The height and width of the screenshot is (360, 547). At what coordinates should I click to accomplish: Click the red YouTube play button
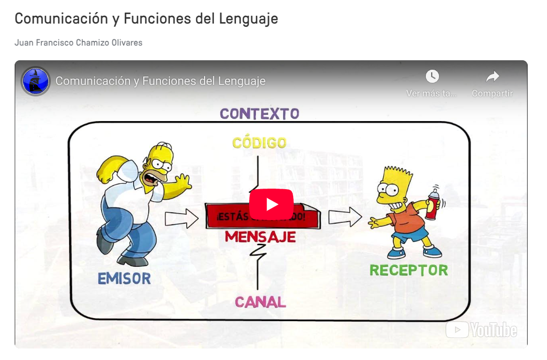coord(271,204)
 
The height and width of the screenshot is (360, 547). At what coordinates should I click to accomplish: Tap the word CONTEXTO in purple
coord(260,114)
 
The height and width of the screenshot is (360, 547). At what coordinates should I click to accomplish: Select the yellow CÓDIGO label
coord(260,143)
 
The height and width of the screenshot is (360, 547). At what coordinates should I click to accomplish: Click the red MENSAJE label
coord(260,237)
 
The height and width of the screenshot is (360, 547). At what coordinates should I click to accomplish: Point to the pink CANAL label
coord(260,302)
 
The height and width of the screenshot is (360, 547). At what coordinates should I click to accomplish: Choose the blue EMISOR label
coord(124,278)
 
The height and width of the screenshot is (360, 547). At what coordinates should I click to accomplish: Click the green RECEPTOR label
coord(409,270)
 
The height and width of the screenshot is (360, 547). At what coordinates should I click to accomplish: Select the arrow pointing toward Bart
coord(345,216)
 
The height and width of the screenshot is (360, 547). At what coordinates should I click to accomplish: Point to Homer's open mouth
coord(151,179)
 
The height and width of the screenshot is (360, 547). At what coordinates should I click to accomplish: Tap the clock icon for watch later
coord(432,77)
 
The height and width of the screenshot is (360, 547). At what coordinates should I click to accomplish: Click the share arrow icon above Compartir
coord(492,77)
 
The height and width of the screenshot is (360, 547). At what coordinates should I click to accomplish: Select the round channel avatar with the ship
coord(36,81)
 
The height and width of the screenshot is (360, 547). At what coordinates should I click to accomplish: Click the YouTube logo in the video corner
coord(481,330)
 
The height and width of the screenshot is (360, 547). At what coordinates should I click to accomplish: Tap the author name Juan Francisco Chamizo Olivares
coord(79,42)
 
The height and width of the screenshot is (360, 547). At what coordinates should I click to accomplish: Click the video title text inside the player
coord(160,81)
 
